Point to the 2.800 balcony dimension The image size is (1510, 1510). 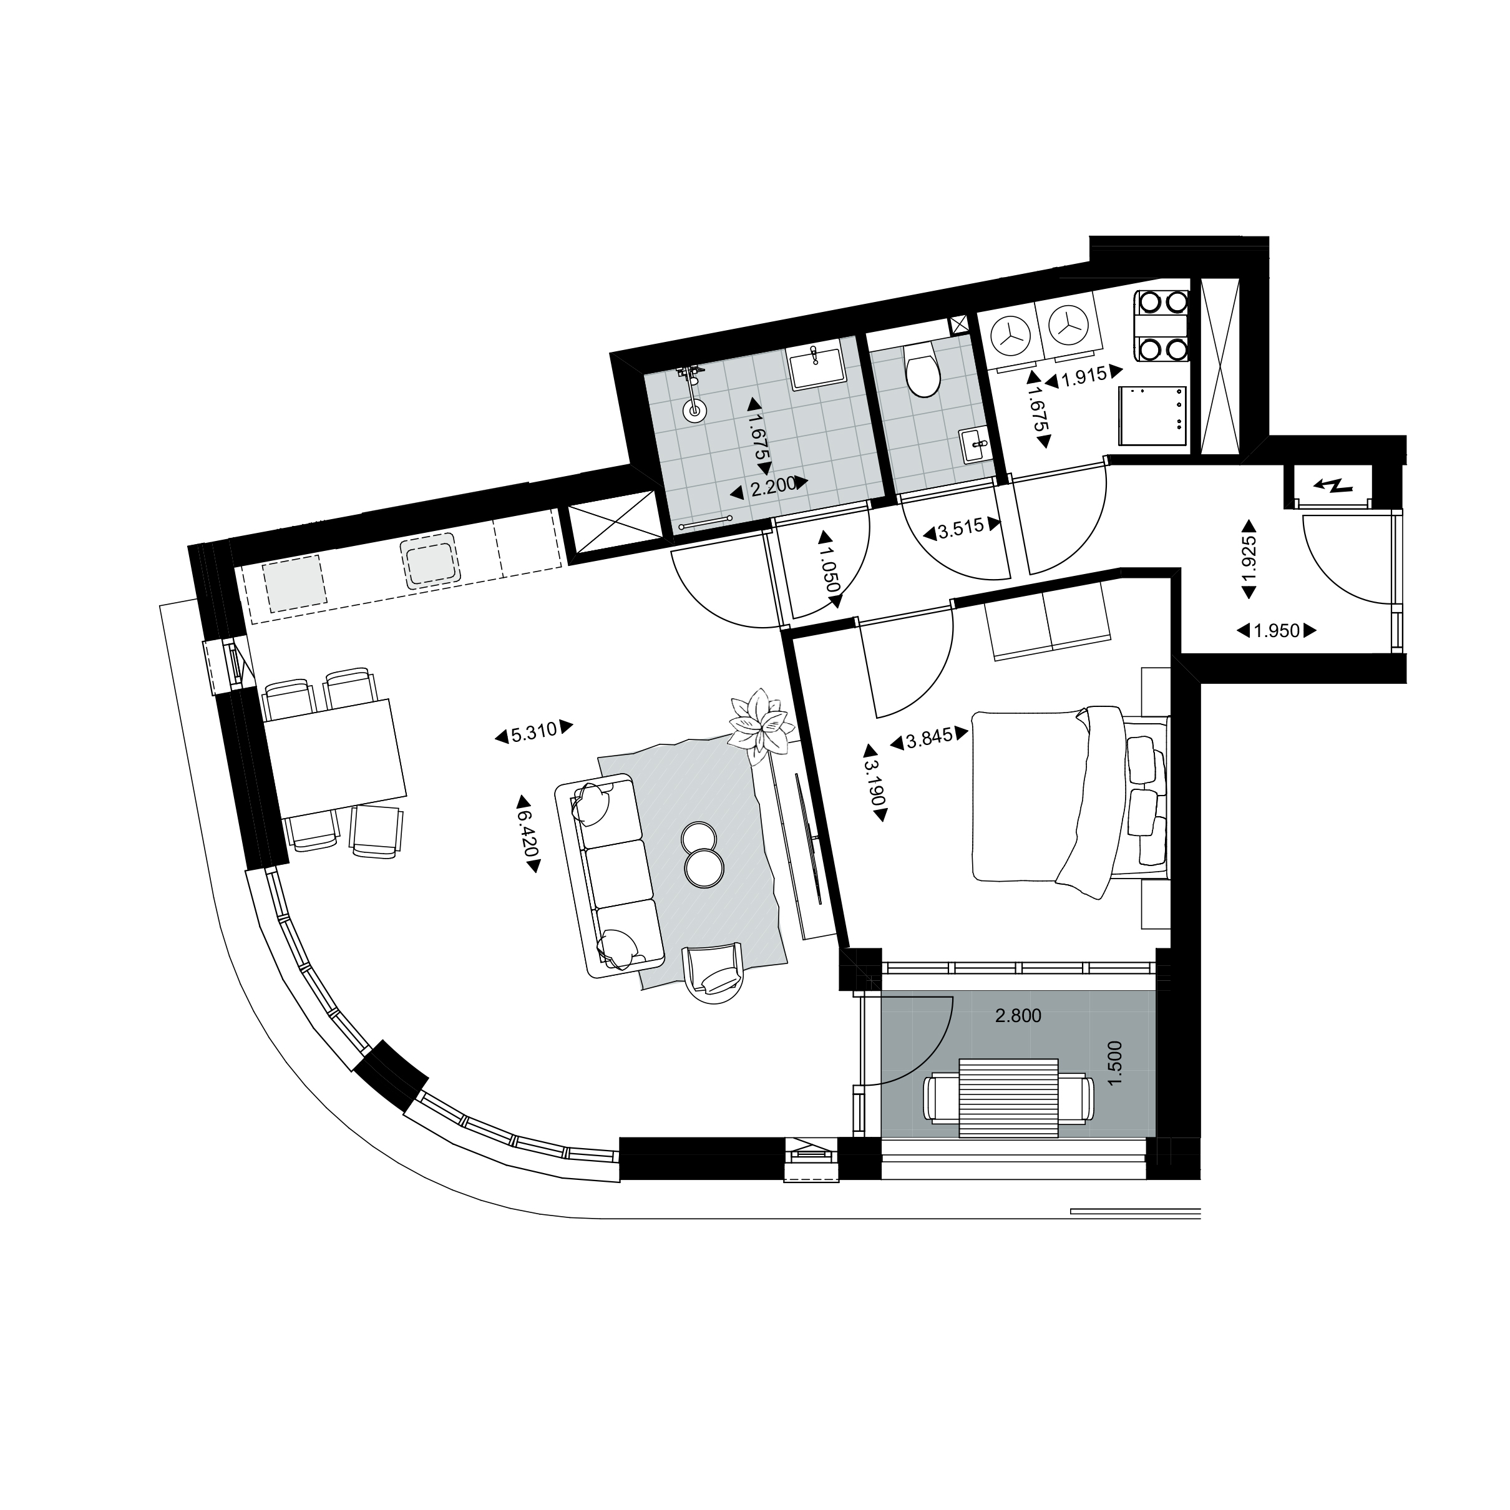point(1018,1016)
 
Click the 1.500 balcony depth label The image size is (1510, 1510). point(1115,1061)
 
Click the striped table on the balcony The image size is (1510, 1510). point(1008,1098)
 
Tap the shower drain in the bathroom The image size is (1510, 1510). point(693,409)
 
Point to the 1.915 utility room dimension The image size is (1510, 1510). point(1083,375)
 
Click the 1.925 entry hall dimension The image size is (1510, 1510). point(1249,559)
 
